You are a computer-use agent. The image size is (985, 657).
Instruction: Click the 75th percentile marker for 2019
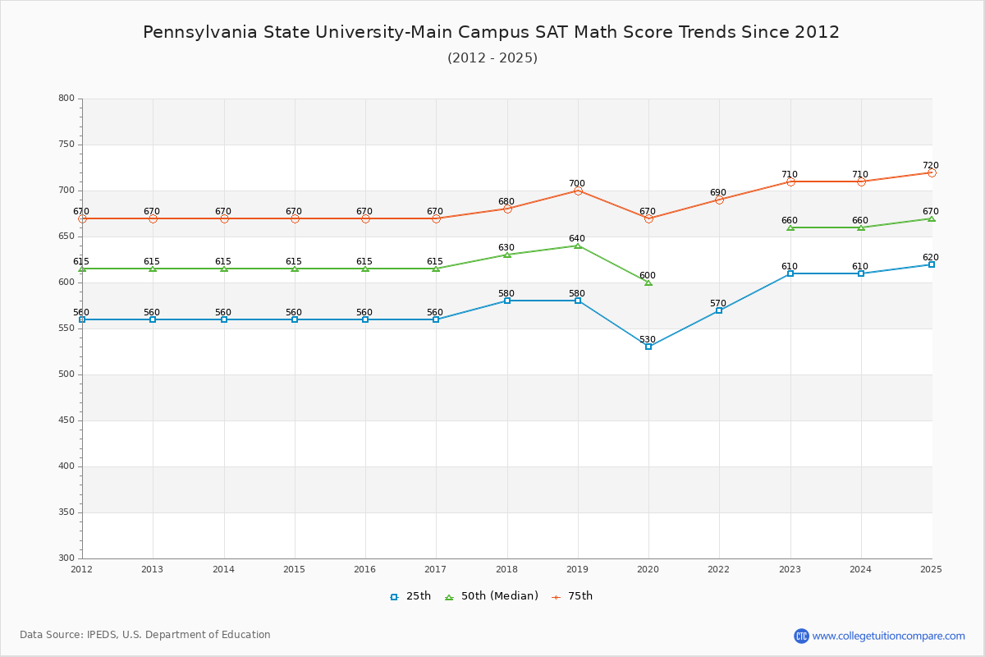[578, 191]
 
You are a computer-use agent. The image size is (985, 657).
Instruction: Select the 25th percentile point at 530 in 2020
[648, 347]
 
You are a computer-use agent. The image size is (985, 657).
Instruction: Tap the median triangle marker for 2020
[648, 283]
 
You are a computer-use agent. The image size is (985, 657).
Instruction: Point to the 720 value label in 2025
[930, 166]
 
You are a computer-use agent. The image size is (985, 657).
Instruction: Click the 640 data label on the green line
[577, 239]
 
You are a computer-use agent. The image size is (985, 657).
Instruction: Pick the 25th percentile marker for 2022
[719, 310]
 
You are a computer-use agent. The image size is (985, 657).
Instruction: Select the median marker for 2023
[790, 227]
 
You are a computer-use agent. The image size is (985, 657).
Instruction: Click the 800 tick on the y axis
[66, 99]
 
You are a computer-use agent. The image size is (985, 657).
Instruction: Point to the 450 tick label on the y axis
[66, 420]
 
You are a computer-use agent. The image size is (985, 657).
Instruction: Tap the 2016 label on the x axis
[365, 569]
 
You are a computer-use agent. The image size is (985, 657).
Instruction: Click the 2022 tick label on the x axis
[719, 569]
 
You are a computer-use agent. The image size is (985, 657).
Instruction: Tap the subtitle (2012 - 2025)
[492, 58]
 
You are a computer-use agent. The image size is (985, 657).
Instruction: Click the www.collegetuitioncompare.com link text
[888, 636]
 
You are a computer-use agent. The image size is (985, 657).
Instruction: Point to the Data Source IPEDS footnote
[145, 635]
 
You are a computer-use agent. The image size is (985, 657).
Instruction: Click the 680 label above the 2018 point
[506, 202]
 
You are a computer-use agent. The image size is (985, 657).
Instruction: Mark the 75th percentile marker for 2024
[861, 181]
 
